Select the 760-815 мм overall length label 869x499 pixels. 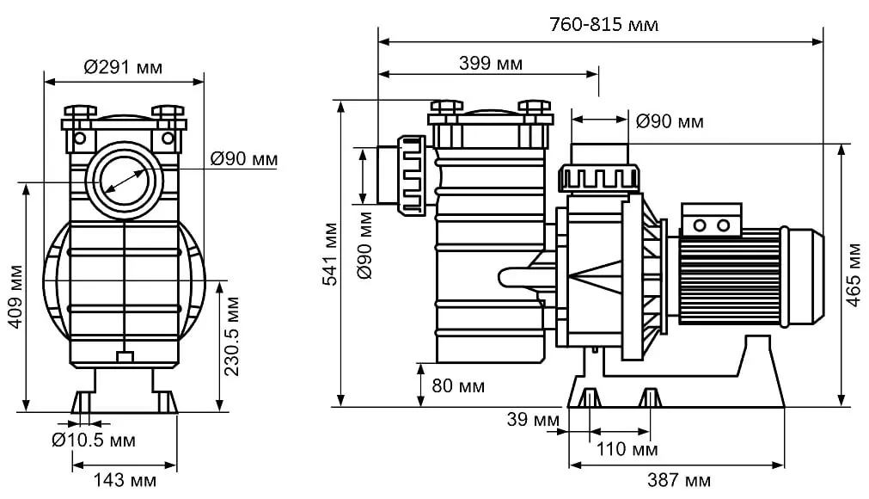[603, 25]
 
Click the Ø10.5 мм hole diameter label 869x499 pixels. [93, 440]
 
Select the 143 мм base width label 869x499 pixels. [125, 480]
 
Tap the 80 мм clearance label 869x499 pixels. [457, 386]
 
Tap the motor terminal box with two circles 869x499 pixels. [711, 219]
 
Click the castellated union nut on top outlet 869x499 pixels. [599, 178]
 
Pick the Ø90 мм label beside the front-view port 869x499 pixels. [244, 159]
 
